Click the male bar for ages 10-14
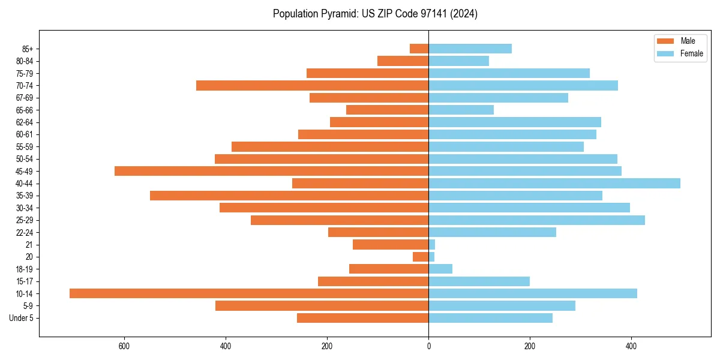[249, 293]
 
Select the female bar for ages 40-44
[554, 183]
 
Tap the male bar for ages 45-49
[271, 171]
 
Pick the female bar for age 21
[431, 244]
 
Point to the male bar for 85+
[419, 49]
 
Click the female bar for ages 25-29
[536, 220]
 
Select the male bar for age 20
[421, 257]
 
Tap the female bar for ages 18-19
[440, 269]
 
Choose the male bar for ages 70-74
[312, 85]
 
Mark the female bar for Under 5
[490, 318]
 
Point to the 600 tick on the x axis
[124, 346]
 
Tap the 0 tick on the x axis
[428, 346]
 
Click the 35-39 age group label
[24, 196]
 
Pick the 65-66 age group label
[24, 110]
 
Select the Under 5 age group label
[21, 318]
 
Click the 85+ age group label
[28, 49]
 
